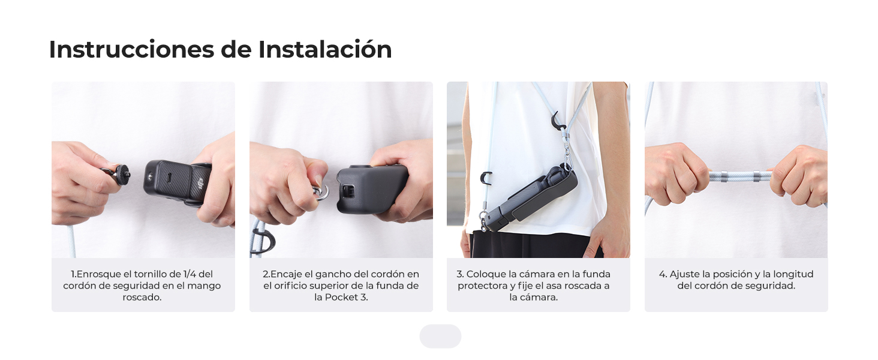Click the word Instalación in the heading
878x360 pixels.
[x=325, y=49]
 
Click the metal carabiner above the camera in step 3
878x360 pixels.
[x=565, y=157]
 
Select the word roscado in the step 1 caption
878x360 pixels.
[x=142, y=297]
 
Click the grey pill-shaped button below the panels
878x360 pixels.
[x=440, y=337]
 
